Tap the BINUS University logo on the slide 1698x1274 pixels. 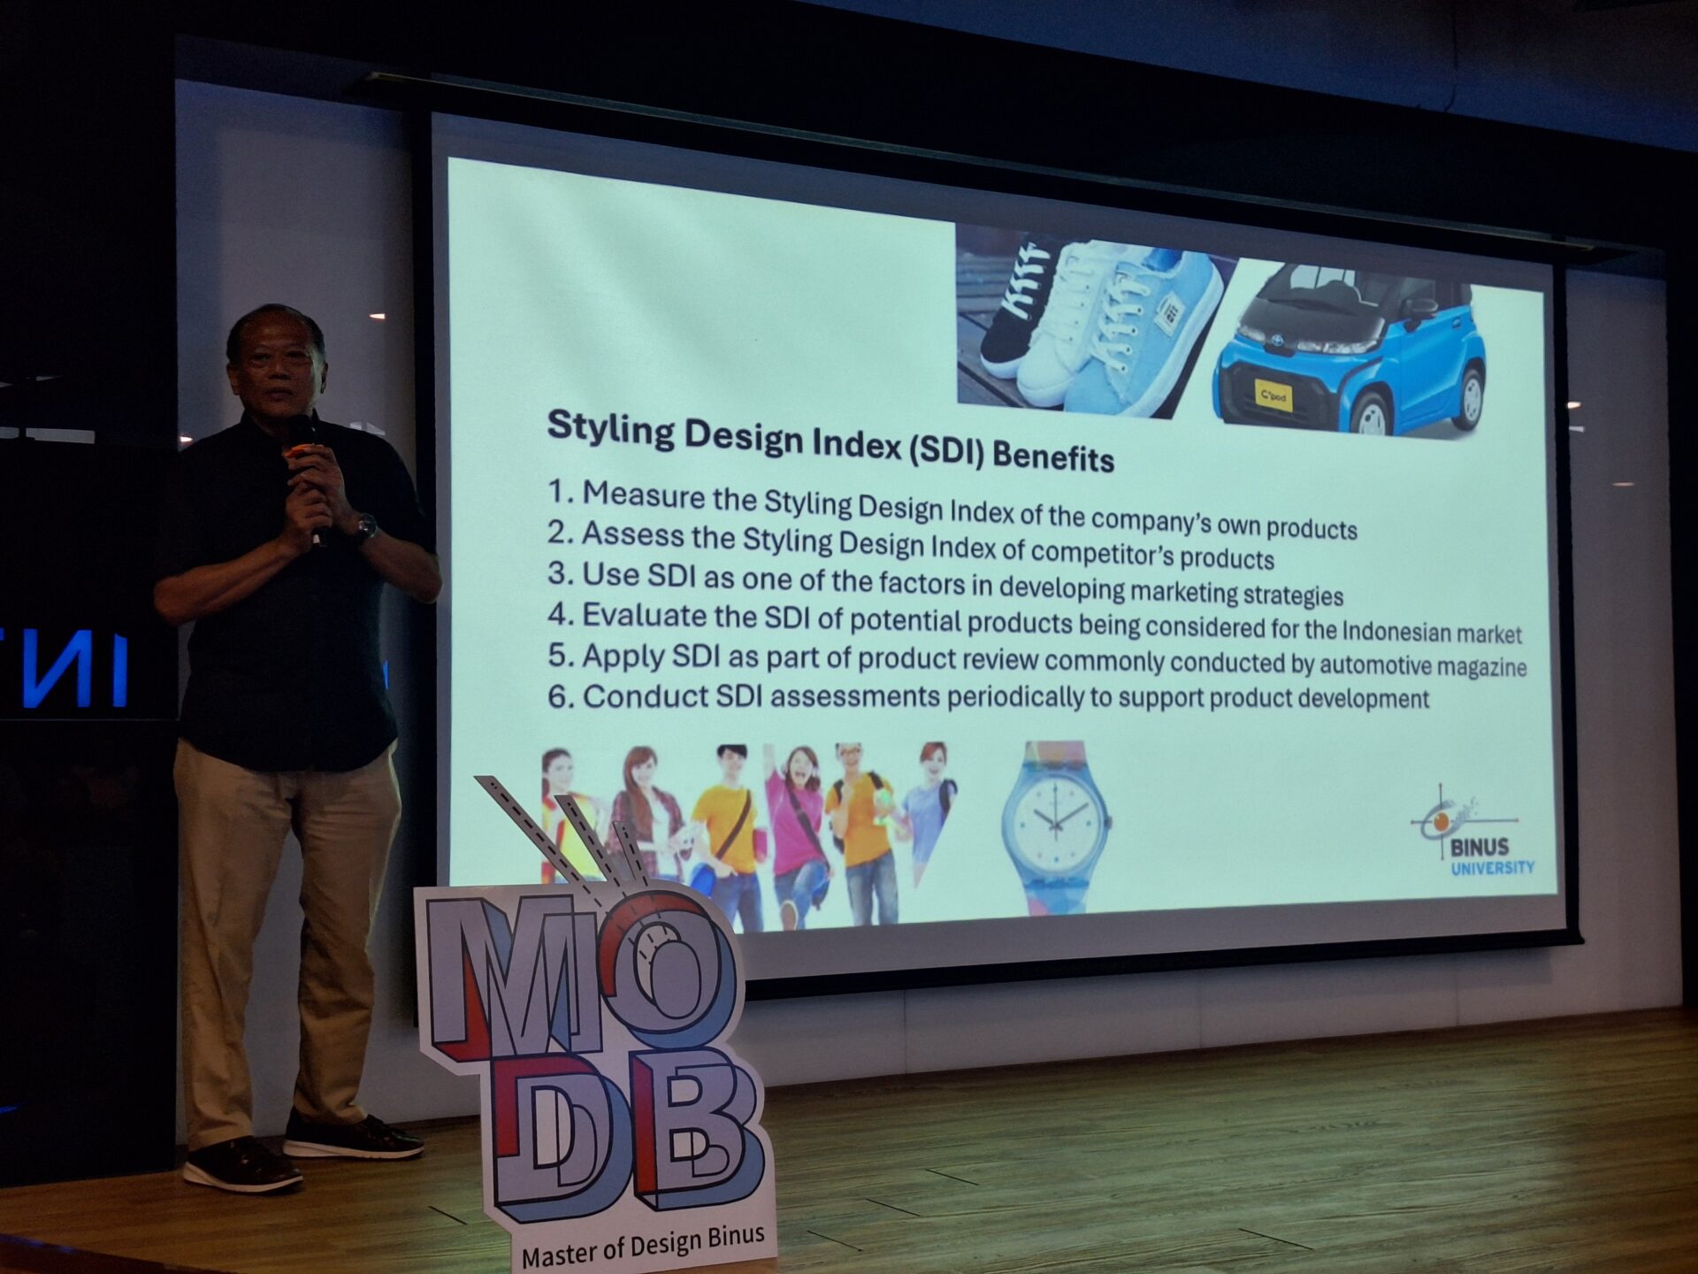coord(1472,833)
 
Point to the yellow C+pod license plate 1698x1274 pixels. coord(1274,395)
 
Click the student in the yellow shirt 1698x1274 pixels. coord(723,832)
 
